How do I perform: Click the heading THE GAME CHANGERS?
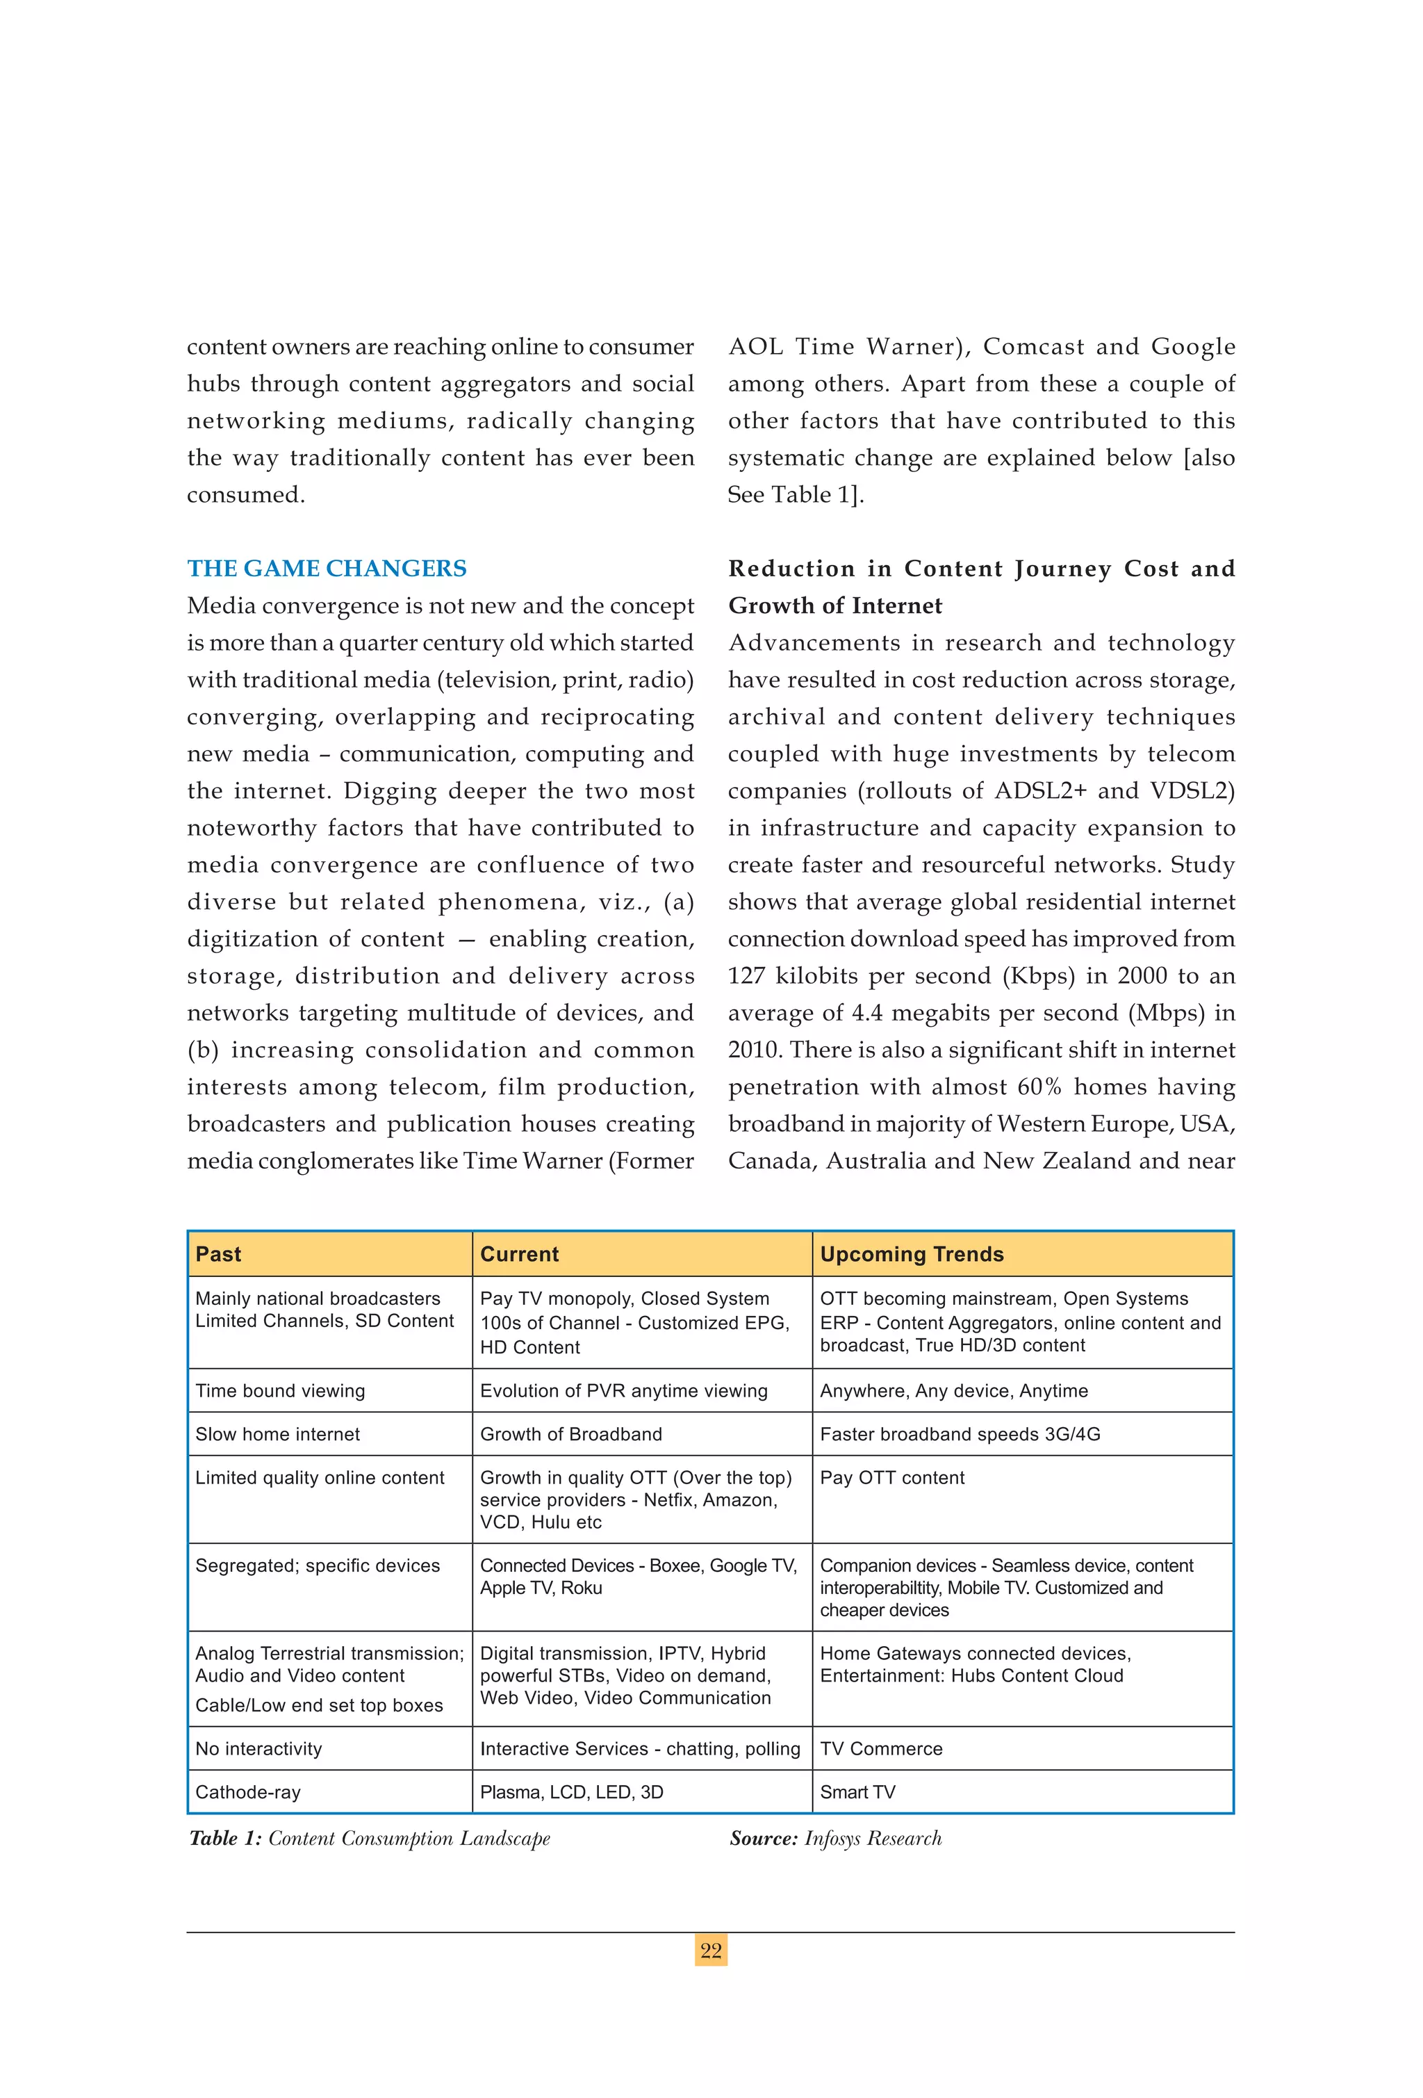pyautogui.click(x=327, y=569)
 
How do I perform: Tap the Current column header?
pyautogui.click(x=519, y=1254)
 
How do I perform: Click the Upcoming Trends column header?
pyautogui.click(x=912, y=1254)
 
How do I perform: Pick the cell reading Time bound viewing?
pyautogui.click(x=281, y=1390)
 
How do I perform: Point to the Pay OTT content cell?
pyautogui.click(x=891, y=1477)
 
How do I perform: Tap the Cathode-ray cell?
pyautogui.click(x=247, y=1792)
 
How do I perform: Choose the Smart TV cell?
pyautogui.click(x=857, y=1792)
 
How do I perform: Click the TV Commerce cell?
pyautogui.click(x=881, y=1748)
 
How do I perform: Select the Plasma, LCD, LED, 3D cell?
pyautogui.click(x=571, y=1792)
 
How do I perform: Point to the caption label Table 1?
pyautogui.click(x=226, y=1839)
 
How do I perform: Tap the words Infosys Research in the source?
pyautogui.click(x=873, y=1839)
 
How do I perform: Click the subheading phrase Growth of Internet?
pyautogui.click(x=834, y=605)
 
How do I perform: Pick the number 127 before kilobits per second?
pyautogui.click(x=746, y=976)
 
